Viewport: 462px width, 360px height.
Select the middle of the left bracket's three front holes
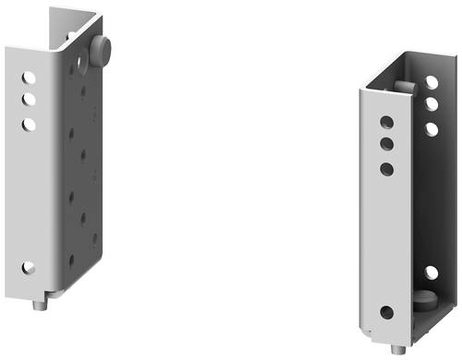click(30, 98)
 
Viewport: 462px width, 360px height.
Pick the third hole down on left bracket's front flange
click(30, 122)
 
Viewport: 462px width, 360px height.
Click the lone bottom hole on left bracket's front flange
click(29, 268)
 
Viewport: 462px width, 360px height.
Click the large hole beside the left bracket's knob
click(82, 63)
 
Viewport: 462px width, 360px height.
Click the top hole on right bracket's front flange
click(386, 122)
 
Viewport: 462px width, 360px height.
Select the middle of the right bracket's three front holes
click(386, 144)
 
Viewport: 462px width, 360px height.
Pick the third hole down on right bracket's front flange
click(386, 169)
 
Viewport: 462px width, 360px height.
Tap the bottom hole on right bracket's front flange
click(386, 312)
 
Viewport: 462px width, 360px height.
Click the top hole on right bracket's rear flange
click(432, 83)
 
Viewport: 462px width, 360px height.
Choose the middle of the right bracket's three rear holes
click(432, 104)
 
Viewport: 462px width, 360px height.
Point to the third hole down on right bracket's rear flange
click(432, 128)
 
